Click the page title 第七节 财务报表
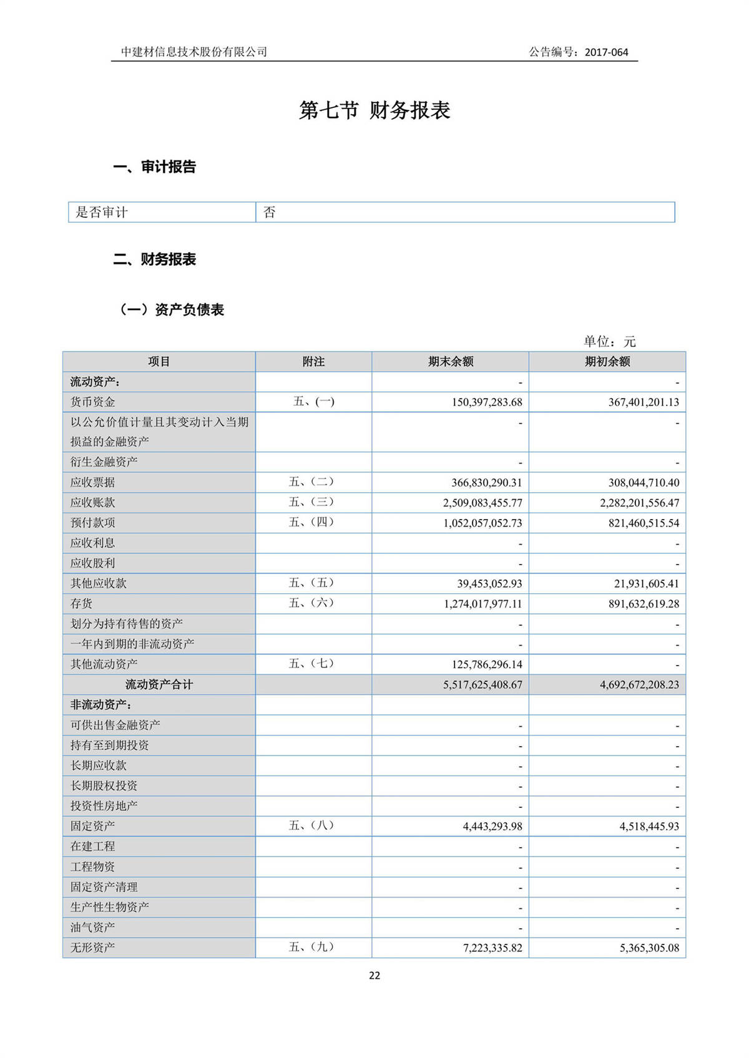coord(374,110)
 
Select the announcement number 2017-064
coord(606,52)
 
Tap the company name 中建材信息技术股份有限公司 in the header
coord(194,52)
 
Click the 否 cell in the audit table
coord(270,212)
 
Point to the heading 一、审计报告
coord(155,167)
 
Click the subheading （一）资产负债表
coord(172,309)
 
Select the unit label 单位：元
coord(609,341)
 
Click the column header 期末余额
coord(451,362)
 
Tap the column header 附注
coord(313,362)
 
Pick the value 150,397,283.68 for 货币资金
coord(487,402)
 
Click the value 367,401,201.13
coord(644,402)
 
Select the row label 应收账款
coord(92,503)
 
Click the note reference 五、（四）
coord(311,522)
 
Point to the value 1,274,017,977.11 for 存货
coord(482,604)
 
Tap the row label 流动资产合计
coord(159,684)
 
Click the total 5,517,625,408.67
coord(482,684)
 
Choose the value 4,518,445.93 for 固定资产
coord(649,827)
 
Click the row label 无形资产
coord(92,948)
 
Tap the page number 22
coord(374,976)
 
